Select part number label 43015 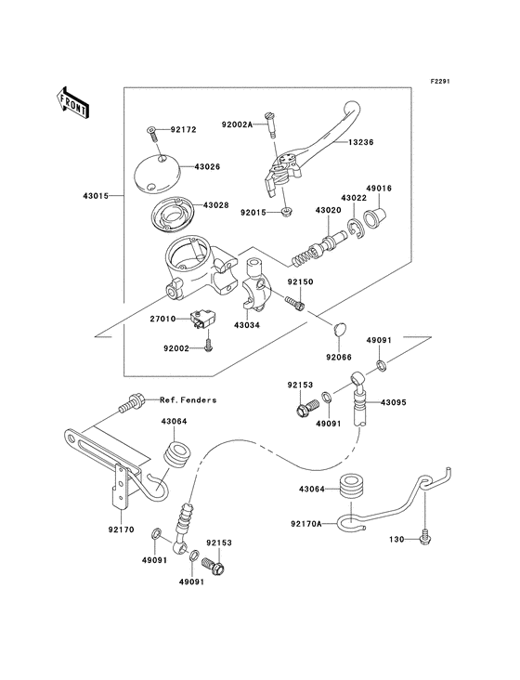(96, 196)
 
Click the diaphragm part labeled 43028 (173, 215)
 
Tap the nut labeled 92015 (286, 212)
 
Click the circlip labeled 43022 (356, 229)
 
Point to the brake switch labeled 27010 (201, 320)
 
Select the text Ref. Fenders (188, 399)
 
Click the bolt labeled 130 (424, 536)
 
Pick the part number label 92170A (306, 524)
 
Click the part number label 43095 (394, 402)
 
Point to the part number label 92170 (122, 530)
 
